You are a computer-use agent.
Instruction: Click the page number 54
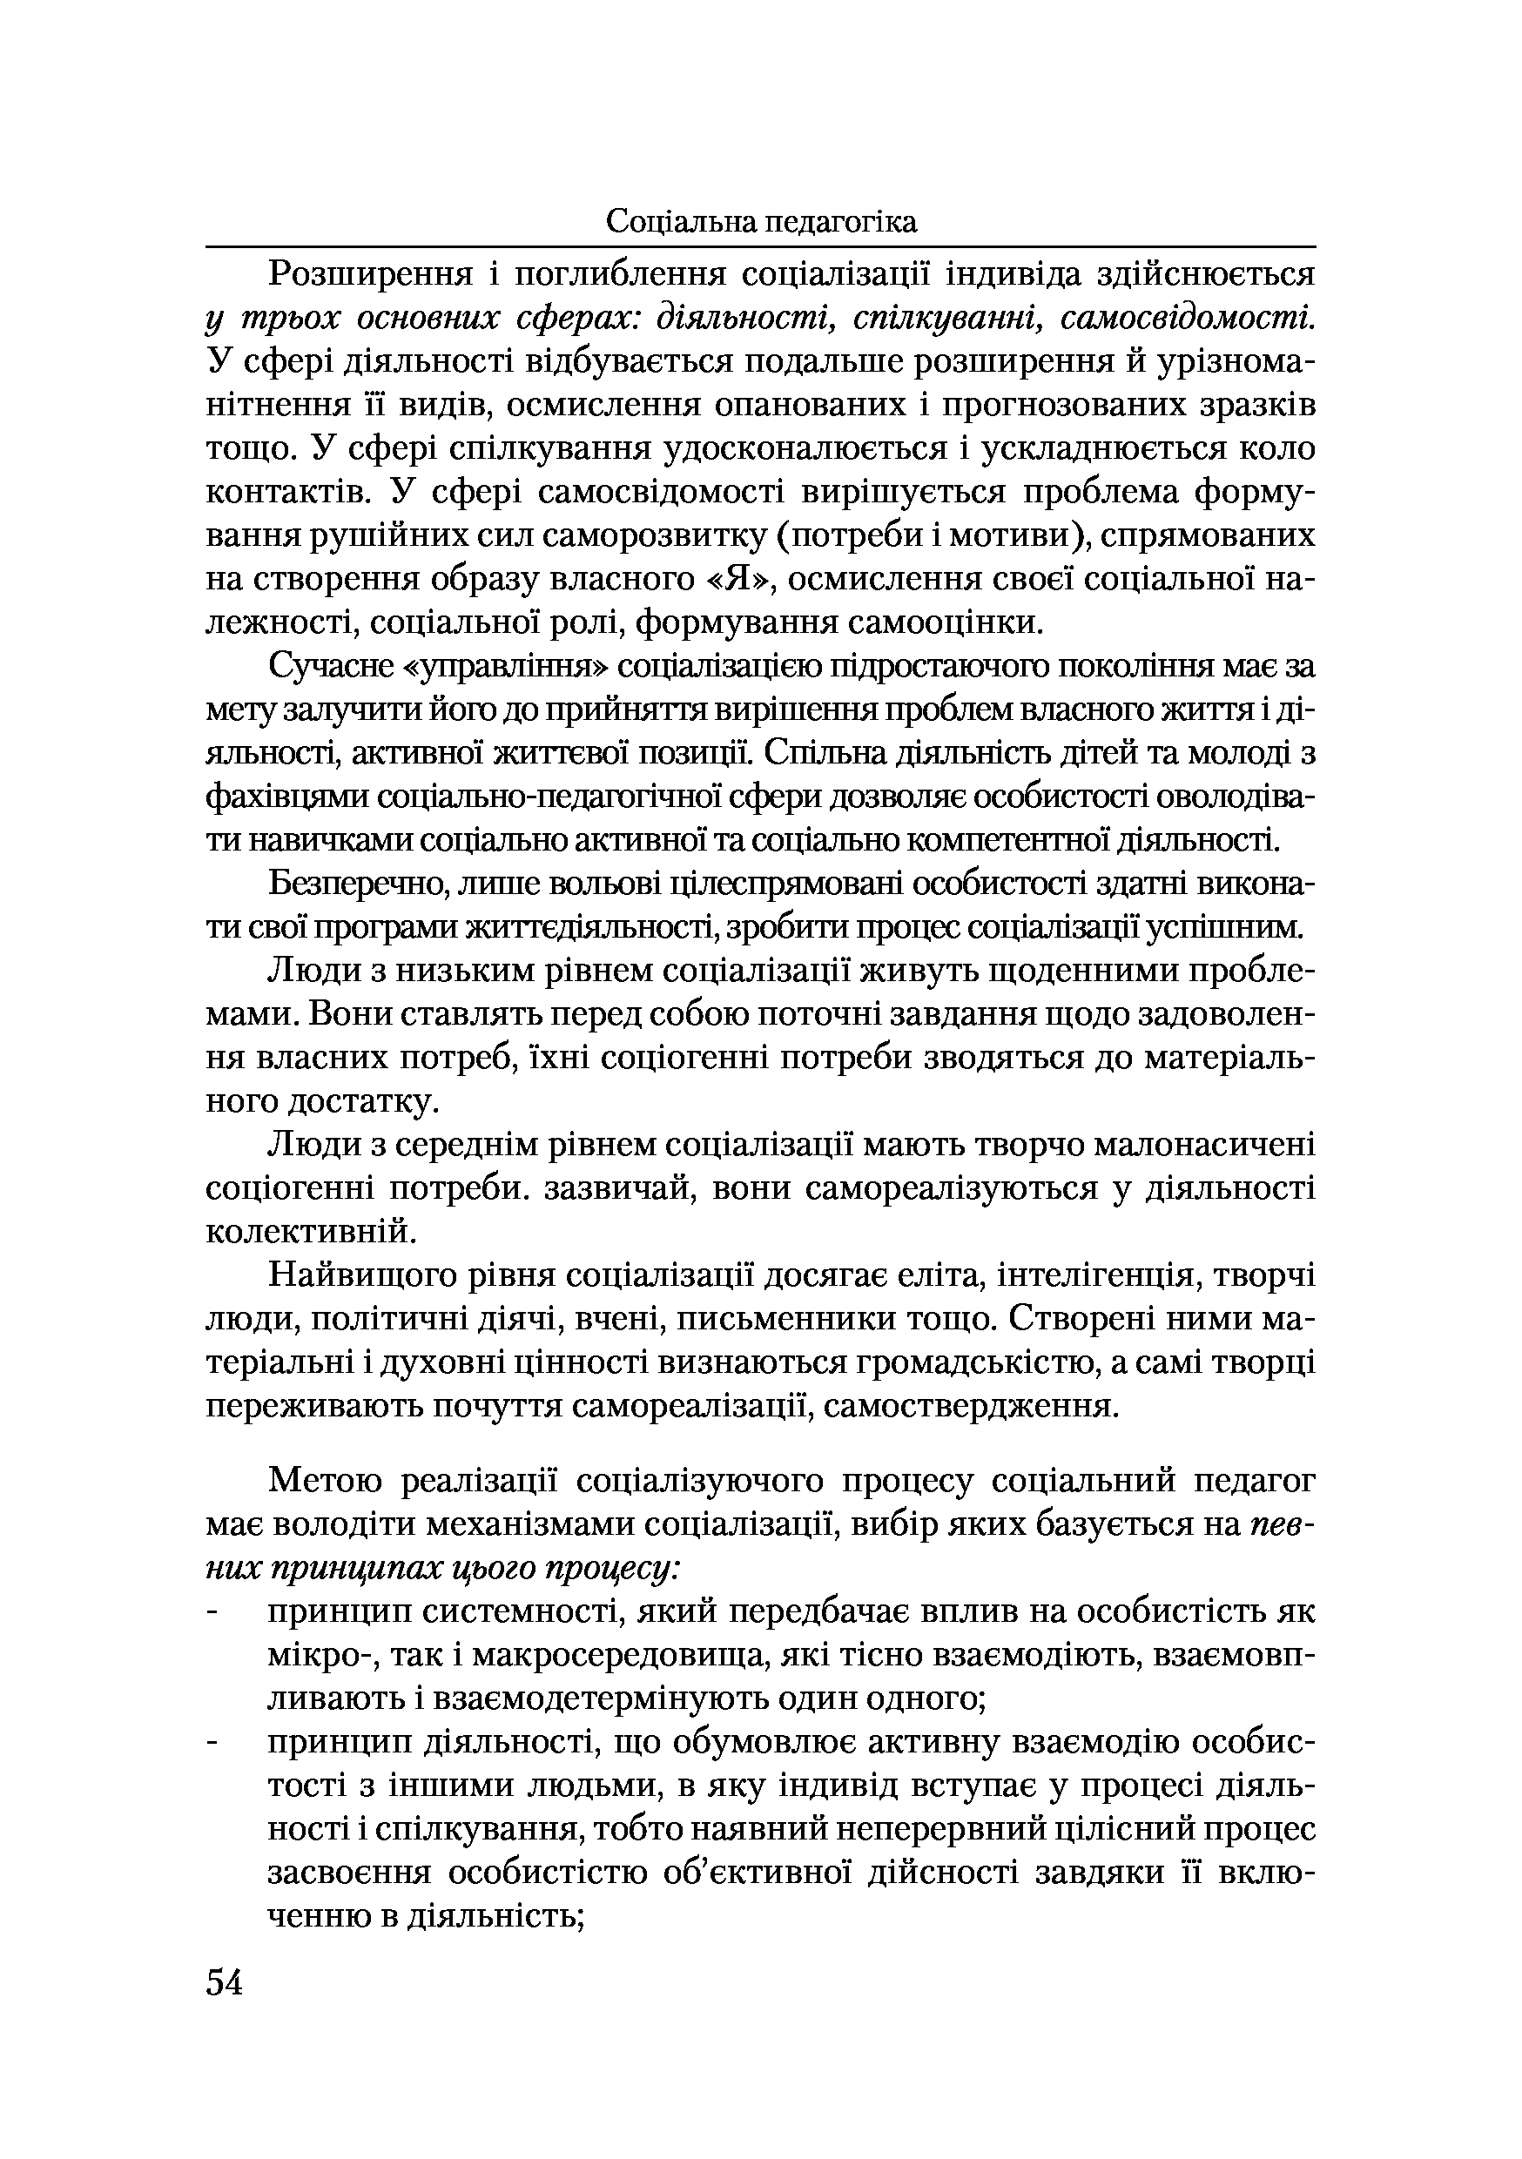(x=224, y=1983)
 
